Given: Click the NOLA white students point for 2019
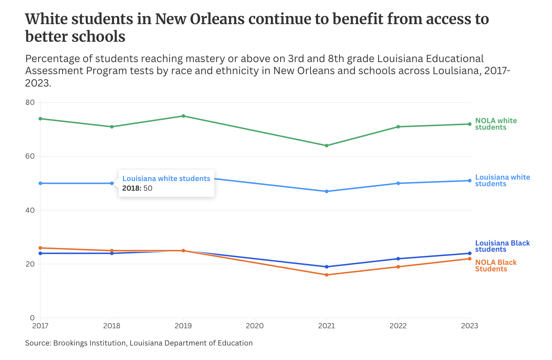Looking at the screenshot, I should click(x=183, y=116).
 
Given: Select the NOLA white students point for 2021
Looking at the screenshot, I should click(x=327, y=146).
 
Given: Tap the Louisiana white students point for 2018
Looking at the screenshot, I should click(x=112, y=183).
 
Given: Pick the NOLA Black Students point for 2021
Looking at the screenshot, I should click(x=327, y=275).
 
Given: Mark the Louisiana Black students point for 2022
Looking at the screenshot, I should click(x=398, y=259).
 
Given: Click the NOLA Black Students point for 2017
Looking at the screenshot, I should click(x=40, y=248).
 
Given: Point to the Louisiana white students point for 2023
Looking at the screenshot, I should click(x=470, y=181).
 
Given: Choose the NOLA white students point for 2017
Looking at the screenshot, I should click(x=40, y=119).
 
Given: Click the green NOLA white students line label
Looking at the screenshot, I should click(x=496, y=124).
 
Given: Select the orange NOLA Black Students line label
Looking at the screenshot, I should click(x=495, y=266).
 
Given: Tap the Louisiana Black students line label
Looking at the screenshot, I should click(x=502, y=246).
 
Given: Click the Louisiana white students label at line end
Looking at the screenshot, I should click(x=502, y=180).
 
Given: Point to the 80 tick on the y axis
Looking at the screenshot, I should click(x=30, y=102).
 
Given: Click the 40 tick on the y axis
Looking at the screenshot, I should click(x=30, y=210).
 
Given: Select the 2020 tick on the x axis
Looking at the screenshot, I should click(x=255, y=326).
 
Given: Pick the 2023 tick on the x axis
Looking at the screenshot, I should click(x=470, y=326).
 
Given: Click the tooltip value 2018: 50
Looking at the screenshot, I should click(x=137, y=188).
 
